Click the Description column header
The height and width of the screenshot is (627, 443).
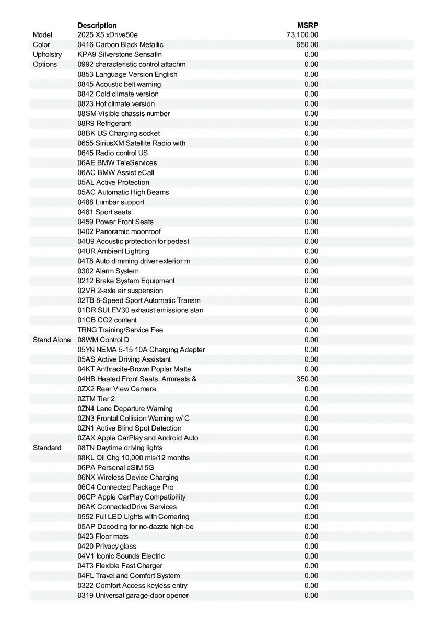point(97,25)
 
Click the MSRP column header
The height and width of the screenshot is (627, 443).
point(308,25)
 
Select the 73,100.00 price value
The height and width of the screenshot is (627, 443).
point(302,35)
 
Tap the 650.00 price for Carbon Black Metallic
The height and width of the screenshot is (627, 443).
point(307,45)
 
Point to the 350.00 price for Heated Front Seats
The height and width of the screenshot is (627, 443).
point(307,379)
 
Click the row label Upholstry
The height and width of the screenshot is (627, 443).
point(47,54)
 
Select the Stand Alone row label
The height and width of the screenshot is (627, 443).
point(52,340)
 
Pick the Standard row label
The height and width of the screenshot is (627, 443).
point(47,448)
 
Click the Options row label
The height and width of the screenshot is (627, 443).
point(45,64)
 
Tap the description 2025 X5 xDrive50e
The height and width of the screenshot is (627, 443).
point(108,35)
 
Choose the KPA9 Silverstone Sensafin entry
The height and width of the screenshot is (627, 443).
point(120,54)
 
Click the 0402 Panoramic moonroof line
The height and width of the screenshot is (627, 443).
point(119,231)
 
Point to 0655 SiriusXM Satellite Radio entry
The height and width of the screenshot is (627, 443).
point(132,143)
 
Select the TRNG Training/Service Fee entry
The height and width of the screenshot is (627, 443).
point(120,330)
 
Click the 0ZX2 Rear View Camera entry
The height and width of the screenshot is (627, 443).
point(116,389)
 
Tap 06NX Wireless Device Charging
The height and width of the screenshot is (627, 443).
point(128,477)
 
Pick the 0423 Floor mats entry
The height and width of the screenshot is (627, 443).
point(103,536)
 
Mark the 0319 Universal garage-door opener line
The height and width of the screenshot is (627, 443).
point(133,595)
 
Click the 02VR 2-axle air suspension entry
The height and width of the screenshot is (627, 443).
point(120,291)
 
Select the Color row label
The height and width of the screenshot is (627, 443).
point(42,45)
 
